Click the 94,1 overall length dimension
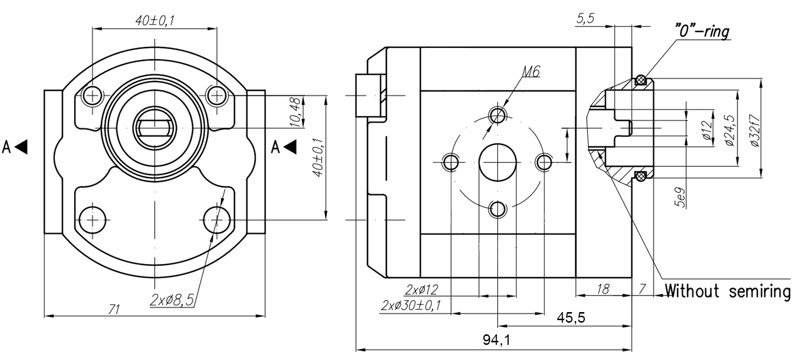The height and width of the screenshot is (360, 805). point(497,340)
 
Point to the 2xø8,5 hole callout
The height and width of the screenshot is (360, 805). point(172,301)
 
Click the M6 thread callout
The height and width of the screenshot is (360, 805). point(530,72)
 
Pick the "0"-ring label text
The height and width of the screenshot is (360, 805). point(702,32)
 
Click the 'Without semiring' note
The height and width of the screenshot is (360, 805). point(727,291)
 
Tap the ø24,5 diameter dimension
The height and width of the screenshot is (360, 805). point(729,130)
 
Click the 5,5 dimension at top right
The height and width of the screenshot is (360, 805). point(585,19)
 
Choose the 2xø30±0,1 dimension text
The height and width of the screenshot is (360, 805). point(411,305)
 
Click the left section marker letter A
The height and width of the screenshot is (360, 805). point(7,147)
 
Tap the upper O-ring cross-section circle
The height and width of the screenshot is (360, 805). point(641,80)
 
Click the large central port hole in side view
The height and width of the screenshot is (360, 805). point(498,162)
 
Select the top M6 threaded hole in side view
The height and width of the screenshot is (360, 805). point(498,114)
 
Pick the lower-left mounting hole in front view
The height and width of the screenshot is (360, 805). point(93,220)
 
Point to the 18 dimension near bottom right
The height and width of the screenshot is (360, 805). point(602,289)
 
